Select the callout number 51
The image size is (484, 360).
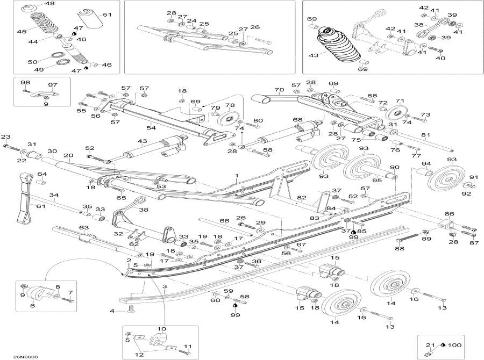pos(107,15)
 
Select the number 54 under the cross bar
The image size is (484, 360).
pos(151,128)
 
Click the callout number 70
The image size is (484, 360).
pos(279,90)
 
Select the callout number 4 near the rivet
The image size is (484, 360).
pos(112,311)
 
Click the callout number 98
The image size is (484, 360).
pos(25,82)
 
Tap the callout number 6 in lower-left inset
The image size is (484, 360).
pos(32,305)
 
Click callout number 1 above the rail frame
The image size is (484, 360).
pos(236,176)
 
